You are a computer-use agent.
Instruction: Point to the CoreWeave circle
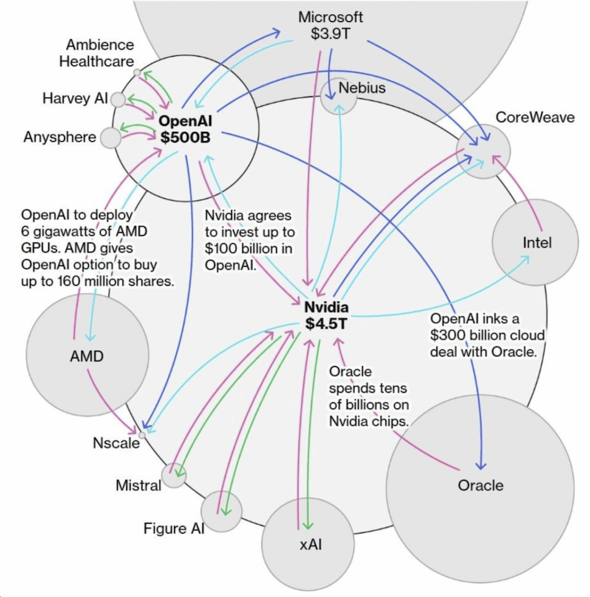pyautogui.click(x=484, y=151)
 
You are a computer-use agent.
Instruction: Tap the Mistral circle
pyautogui.click(x=173, y=475)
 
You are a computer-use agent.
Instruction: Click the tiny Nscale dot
pyautogui.click(x=142, y=435)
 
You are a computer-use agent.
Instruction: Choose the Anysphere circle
pyautogui.click(x=111, y=137)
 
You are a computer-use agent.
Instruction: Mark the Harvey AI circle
pyautogui.click(x=118, y=99)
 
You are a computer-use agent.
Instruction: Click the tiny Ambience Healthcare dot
pyautogui.click(x=137, y=73)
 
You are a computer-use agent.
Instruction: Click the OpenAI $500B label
pyautogui.click(x=184, y=129)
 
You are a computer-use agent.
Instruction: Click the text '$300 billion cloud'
pyautogui.click(x=487, y=336)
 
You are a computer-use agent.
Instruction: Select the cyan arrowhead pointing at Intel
pyautogui.click(x=525, y=258)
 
